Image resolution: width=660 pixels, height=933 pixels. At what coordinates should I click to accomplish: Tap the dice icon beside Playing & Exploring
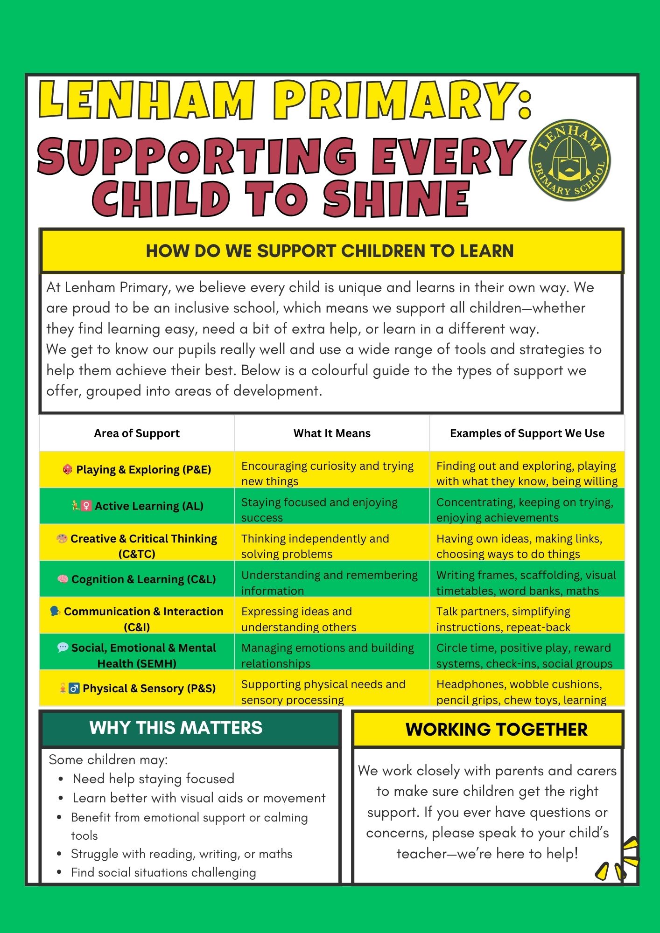point(67,469)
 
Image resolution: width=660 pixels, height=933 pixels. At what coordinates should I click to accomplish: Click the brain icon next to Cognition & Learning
point(63,579)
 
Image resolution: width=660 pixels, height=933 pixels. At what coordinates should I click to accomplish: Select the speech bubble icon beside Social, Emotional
point(63,648)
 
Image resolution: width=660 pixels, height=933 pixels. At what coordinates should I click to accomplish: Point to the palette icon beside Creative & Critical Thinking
point(62,538)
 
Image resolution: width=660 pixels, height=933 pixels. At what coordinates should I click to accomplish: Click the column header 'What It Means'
point(332,433)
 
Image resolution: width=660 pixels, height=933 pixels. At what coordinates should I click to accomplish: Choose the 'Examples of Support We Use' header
point(527,433)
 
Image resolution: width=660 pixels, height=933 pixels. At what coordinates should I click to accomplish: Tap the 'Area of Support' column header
point(137,433)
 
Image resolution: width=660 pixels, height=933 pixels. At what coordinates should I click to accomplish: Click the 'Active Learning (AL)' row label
point(149,506)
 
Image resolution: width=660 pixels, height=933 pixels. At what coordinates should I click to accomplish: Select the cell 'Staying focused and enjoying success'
point(319,510)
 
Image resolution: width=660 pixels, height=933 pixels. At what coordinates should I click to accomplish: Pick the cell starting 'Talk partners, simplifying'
point(503,619)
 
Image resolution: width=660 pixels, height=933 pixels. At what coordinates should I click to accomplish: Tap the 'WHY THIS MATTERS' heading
point(176,728)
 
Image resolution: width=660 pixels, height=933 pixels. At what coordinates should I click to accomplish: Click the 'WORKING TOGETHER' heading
point(496,730)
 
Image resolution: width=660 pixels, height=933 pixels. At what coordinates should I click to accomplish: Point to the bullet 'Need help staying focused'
point(154,779)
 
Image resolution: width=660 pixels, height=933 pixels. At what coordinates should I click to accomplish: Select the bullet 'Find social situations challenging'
point(163,872)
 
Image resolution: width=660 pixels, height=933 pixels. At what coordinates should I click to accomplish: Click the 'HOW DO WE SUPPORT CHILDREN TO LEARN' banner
point(330,251)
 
